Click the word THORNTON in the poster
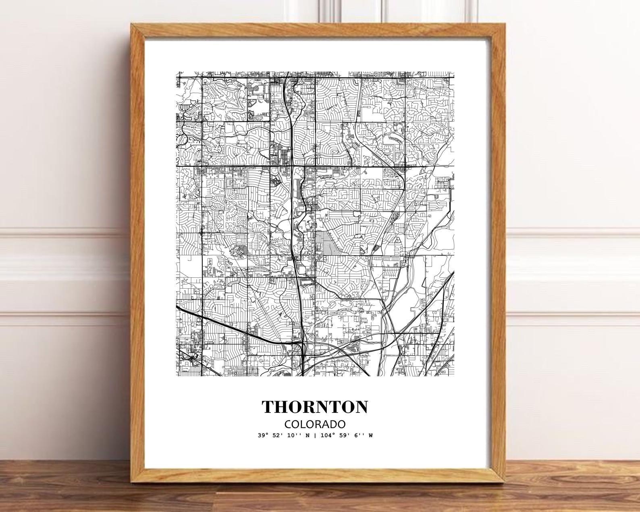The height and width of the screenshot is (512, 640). pyautogui.click(x=315, y=407)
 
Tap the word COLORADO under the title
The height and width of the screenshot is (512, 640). pyautogui.click(x=315, y=424)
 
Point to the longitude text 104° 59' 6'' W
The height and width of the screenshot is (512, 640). pyautogui.click(x=345, y=435)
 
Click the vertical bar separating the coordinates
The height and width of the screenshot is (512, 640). pyautogui.click(x=314, y=435)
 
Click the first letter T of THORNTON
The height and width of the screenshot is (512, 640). pyautogui.click(x=269, y=407)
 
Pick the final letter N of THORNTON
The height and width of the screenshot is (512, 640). pyautogui.click(x=361, y=407)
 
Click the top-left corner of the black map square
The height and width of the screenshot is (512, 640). pyautogui.click(x=176, y=73)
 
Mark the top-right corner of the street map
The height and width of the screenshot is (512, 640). pyautogui.click(x=454, y=73)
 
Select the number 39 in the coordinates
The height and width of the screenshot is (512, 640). pyautogui.click(x=262, y=435)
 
